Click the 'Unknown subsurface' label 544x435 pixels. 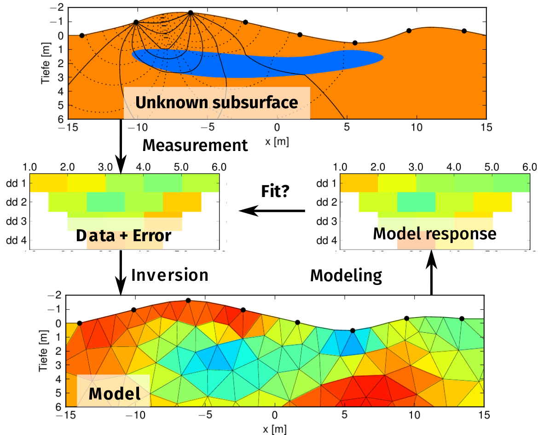(216, 103)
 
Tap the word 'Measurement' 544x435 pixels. (195, 145)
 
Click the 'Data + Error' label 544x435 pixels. (123, 236)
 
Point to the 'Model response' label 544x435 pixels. (434, 234)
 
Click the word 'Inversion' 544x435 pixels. (170, 275)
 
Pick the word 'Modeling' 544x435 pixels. (346, 275)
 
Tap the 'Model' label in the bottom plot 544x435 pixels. (114, 394)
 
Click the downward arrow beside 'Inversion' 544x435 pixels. (121, 272)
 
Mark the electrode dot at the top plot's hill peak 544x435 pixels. (191, 13)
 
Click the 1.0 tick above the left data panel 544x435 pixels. (30, 167)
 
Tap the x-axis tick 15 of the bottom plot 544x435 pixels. (483, 416)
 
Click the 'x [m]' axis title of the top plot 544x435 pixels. (277, 142)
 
